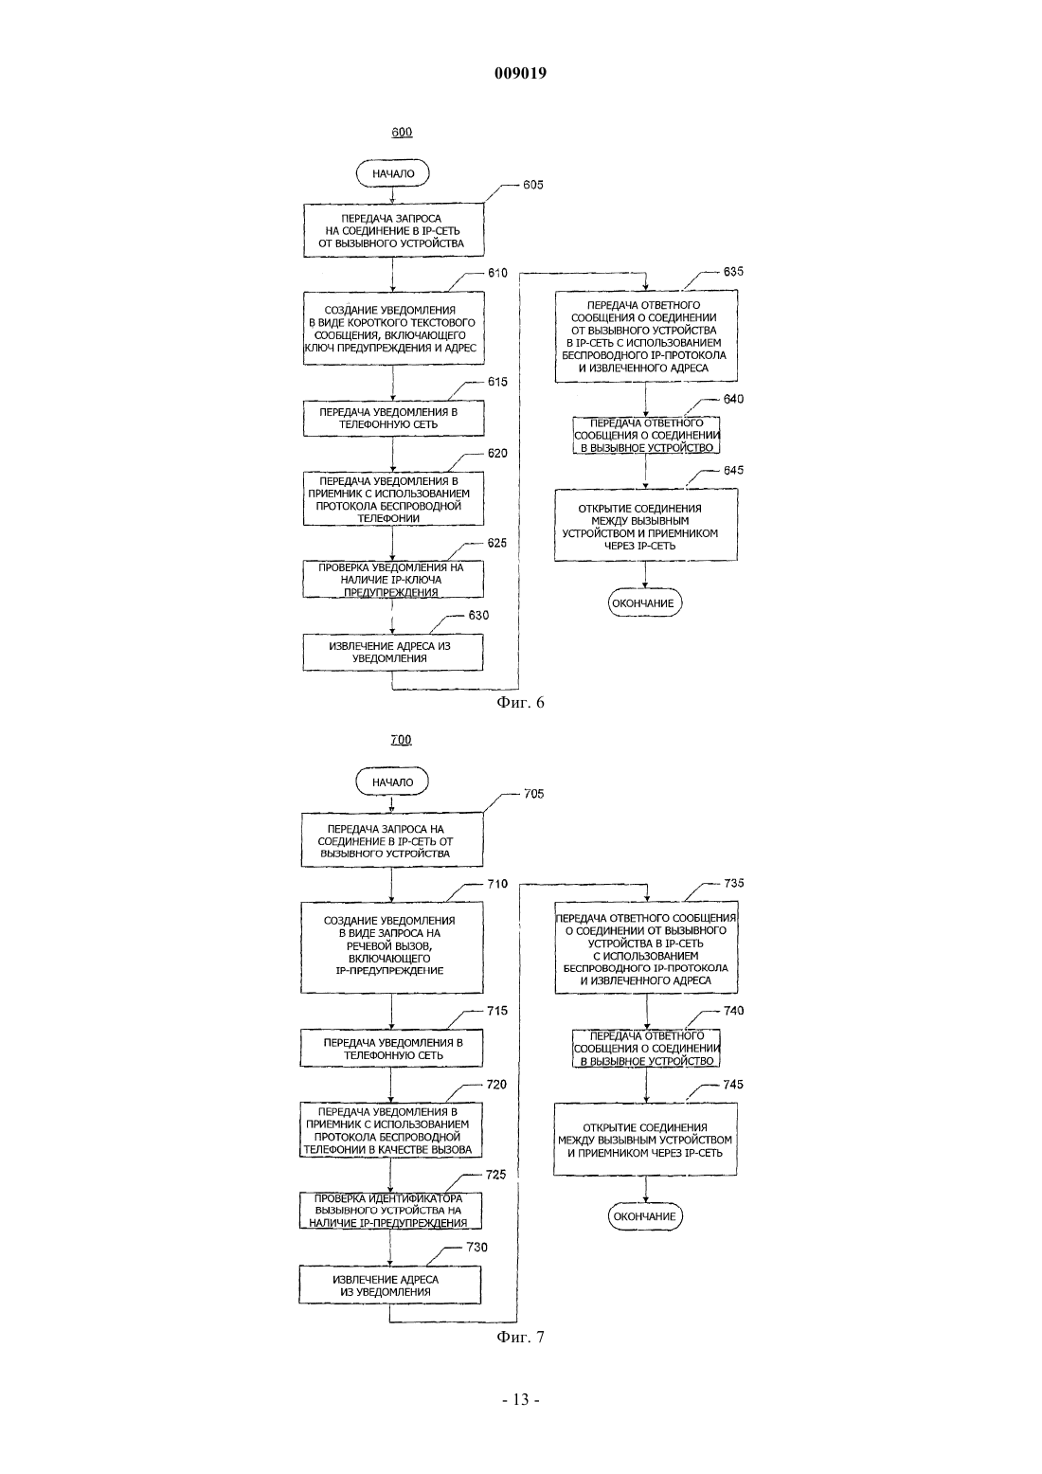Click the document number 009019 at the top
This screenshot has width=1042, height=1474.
[520, 73]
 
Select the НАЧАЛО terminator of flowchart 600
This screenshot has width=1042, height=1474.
[393, 173]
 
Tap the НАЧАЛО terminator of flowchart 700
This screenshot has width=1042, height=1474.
[392, 782]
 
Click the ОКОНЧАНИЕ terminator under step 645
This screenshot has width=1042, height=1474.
[645, 602]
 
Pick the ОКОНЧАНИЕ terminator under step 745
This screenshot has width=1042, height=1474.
[645, 1216]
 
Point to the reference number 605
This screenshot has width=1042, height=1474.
[532, 185]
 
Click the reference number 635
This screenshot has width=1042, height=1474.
[733, 272]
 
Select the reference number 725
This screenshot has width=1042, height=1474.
[496, 1175]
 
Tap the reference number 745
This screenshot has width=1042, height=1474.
[733, 1084]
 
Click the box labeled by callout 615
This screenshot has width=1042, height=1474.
[393, 419]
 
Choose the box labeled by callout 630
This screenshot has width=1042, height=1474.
[393, 652]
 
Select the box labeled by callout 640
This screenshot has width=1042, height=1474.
[646, 435]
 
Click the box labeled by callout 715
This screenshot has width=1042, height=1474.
[391, 1049]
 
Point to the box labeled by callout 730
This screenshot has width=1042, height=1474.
[390, 1285]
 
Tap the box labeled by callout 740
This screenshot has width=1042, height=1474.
[646, 1049]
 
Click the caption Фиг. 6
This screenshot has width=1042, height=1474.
[520, 703]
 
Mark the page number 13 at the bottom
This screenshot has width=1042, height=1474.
[521, 1400]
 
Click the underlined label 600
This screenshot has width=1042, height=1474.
[402, 133]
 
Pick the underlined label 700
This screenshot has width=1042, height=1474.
[401, 740]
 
